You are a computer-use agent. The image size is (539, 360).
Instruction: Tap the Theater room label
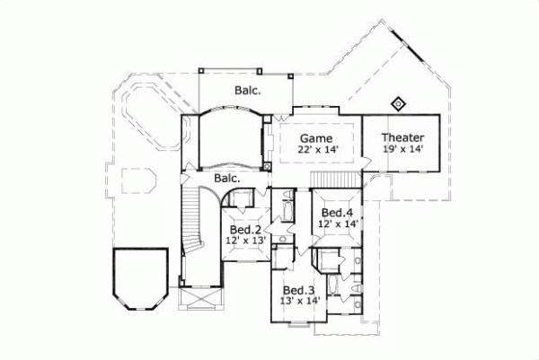coord(402,136)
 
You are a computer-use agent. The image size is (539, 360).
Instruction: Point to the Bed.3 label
coord(297,291)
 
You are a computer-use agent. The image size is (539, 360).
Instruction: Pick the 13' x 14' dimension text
coord(297,302)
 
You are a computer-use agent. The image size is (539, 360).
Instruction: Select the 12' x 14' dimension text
coord(339,223)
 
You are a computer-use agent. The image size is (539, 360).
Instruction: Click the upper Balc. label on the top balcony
coord(248,90)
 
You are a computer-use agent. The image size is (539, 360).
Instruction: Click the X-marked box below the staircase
coord(198,296)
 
